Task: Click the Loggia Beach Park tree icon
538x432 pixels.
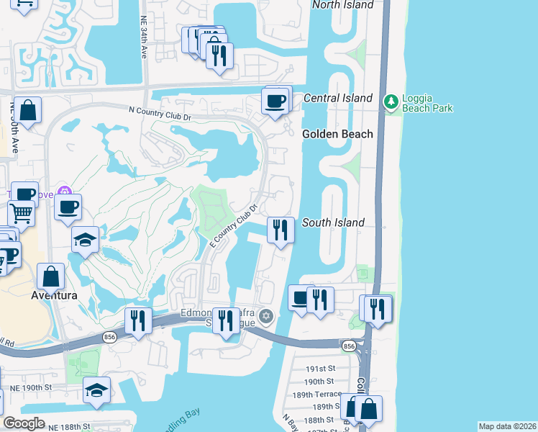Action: (391, 102)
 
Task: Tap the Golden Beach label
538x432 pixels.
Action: (337, 134)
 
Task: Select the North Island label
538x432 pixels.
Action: (342, 5)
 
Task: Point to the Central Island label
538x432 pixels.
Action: (338, 98)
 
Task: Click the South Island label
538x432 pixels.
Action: (333, 222)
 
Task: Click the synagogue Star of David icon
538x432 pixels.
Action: (266, 316)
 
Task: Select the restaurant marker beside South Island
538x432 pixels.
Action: (281, 230)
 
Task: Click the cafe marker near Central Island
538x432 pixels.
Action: (274, 102)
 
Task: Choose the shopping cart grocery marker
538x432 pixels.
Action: (22, 213)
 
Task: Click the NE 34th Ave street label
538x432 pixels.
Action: (142, 39)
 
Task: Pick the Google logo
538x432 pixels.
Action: (24, 423)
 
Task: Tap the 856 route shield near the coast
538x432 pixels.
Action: (350, 346)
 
